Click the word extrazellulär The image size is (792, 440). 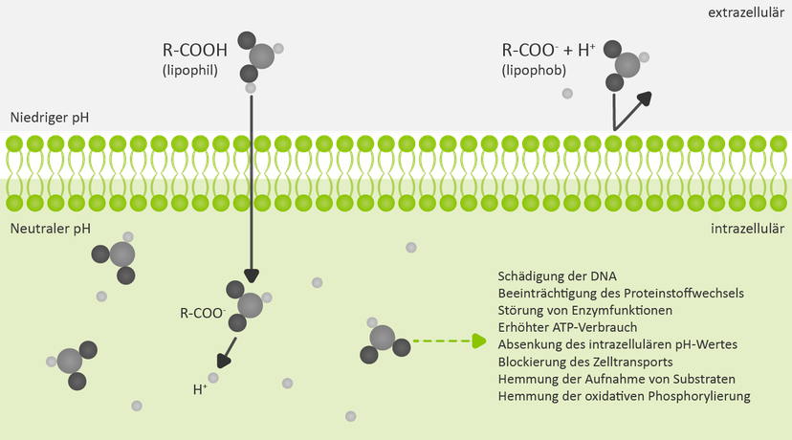click(x=746, y=12)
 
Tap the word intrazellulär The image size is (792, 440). click(x=748, y=229)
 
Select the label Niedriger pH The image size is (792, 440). click(x=50, y=119)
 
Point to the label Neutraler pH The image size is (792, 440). click(x=51, y=229)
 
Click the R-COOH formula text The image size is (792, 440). click(x=195, y=50)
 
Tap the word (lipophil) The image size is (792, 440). click(x=190, y=70)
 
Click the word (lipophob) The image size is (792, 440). click(x=534, y=70)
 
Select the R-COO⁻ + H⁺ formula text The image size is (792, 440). click(x=548, y=50)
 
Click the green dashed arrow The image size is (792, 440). click(x=450, y=341)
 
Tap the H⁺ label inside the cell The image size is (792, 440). click(x=200, y=389)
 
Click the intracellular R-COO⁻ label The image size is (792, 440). click(x=203, y=313)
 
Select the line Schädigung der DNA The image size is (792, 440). click(x=557, y=276)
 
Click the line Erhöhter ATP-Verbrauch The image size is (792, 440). click(x=568, y=327)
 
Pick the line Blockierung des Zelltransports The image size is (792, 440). click(x=585, y=362)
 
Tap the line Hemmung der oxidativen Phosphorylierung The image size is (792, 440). click(x=625, y=396)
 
